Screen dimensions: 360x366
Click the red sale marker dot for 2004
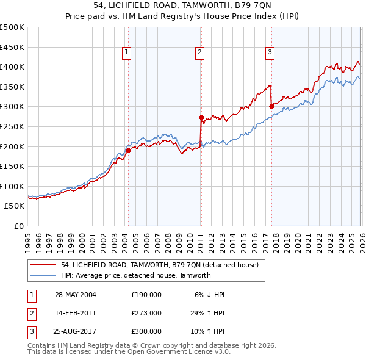pos(128,150)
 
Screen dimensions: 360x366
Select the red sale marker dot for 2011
pos(201,117)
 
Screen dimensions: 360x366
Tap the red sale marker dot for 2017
pos(271,106)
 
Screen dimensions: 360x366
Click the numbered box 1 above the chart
pos(126,53)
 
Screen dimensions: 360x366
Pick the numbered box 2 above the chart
pos(199,53)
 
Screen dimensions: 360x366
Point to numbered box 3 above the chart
pos(270,53)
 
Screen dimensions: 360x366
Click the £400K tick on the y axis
pos(12,67)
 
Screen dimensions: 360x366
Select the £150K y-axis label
pos(12,166)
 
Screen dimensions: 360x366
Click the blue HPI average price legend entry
pos(135,275)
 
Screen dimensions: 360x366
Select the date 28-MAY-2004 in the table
pos(75,295)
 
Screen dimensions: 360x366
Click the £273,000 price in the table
pos(146,313)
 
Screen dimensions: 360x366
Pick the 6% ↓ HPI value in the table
pos(209,295)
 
